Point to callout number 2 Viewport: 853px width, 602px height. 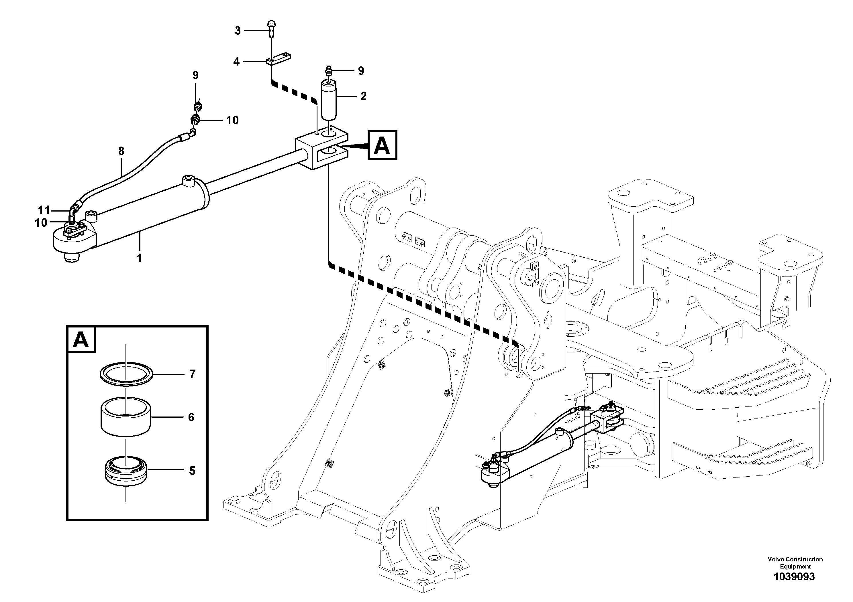[x=363, y=96]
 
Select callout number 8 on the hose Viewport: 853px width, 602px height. [x=121, y=151]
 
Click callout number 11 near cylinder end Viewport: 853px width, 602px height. [x=44, y=210]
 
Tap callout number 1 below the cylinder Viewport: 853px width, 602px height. [x=139, y=258]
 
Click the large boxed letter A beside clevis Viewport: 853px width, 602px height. [x=382, y=145]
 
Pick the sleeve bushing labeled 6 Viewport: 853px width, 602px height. [x=126, y=417]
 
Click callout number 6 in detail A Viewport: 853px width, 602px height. [x=191, y=418]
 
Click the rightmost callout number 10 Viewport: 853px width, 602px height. [x=232, y=120]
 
